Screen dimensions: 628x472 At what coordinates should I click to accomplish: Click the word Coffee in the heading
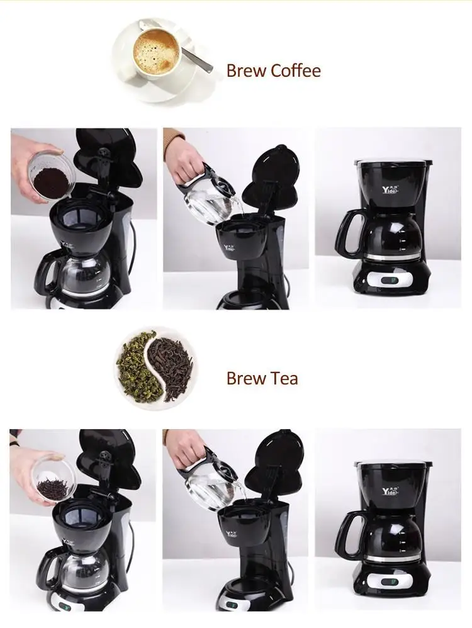296,70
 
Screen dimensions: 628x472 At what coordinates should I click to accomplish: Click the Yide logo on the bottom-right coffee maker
390,491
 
